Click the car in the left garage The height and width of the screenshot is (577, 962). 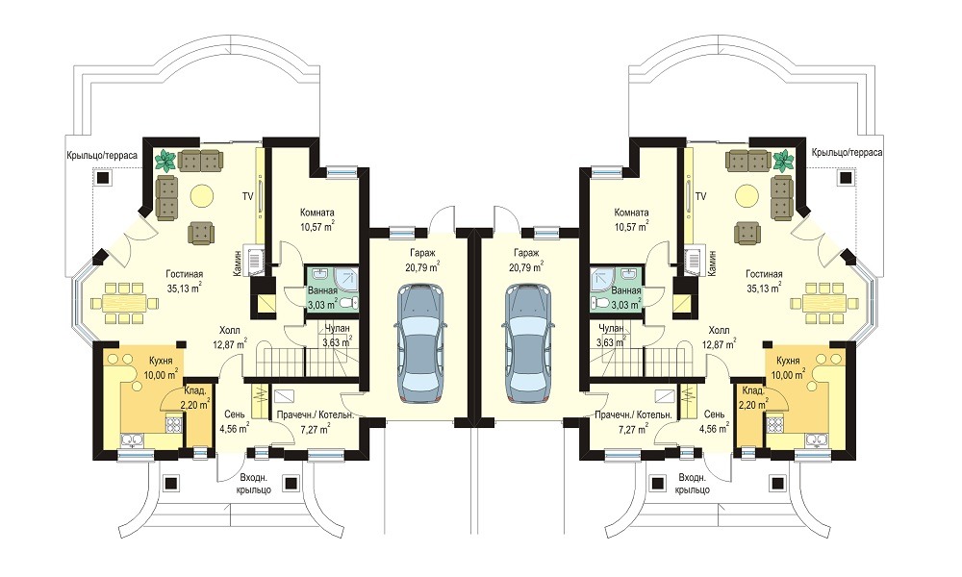click(421, 342)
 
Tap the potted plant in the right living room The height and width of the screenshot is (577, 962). click(783, 160)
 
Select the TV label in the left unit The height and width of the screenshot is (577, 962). click(247, 197)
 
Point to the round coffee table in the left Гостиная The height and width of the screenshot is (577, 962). click(201, 195)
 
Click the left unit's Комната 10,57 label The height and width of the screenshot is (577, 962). click(317, 219)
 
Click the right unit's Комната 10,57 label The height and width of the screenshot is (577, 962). click(631, 219)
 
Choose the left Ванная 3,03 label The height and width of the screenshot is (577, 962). click(322, 297)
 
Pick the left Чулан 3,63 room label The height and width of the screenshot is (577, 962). click(337, 336)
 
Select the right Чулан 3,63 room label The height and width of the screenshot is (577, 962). click(612, 336)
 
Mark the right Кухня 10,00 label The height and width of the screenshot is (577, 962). click(789, 367)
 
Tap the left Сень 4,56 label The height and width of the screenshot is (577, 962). click(235, 421)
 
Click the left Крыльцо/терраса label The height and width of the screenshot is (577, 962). click(102, 155)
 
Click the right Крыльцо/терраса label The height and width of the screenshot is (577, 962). click(847, 152)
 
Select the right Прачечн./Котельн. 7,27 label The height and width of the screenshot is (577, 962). click(633, 422)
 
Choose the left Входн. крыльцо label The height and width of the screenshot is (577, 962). click(254, 484)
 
